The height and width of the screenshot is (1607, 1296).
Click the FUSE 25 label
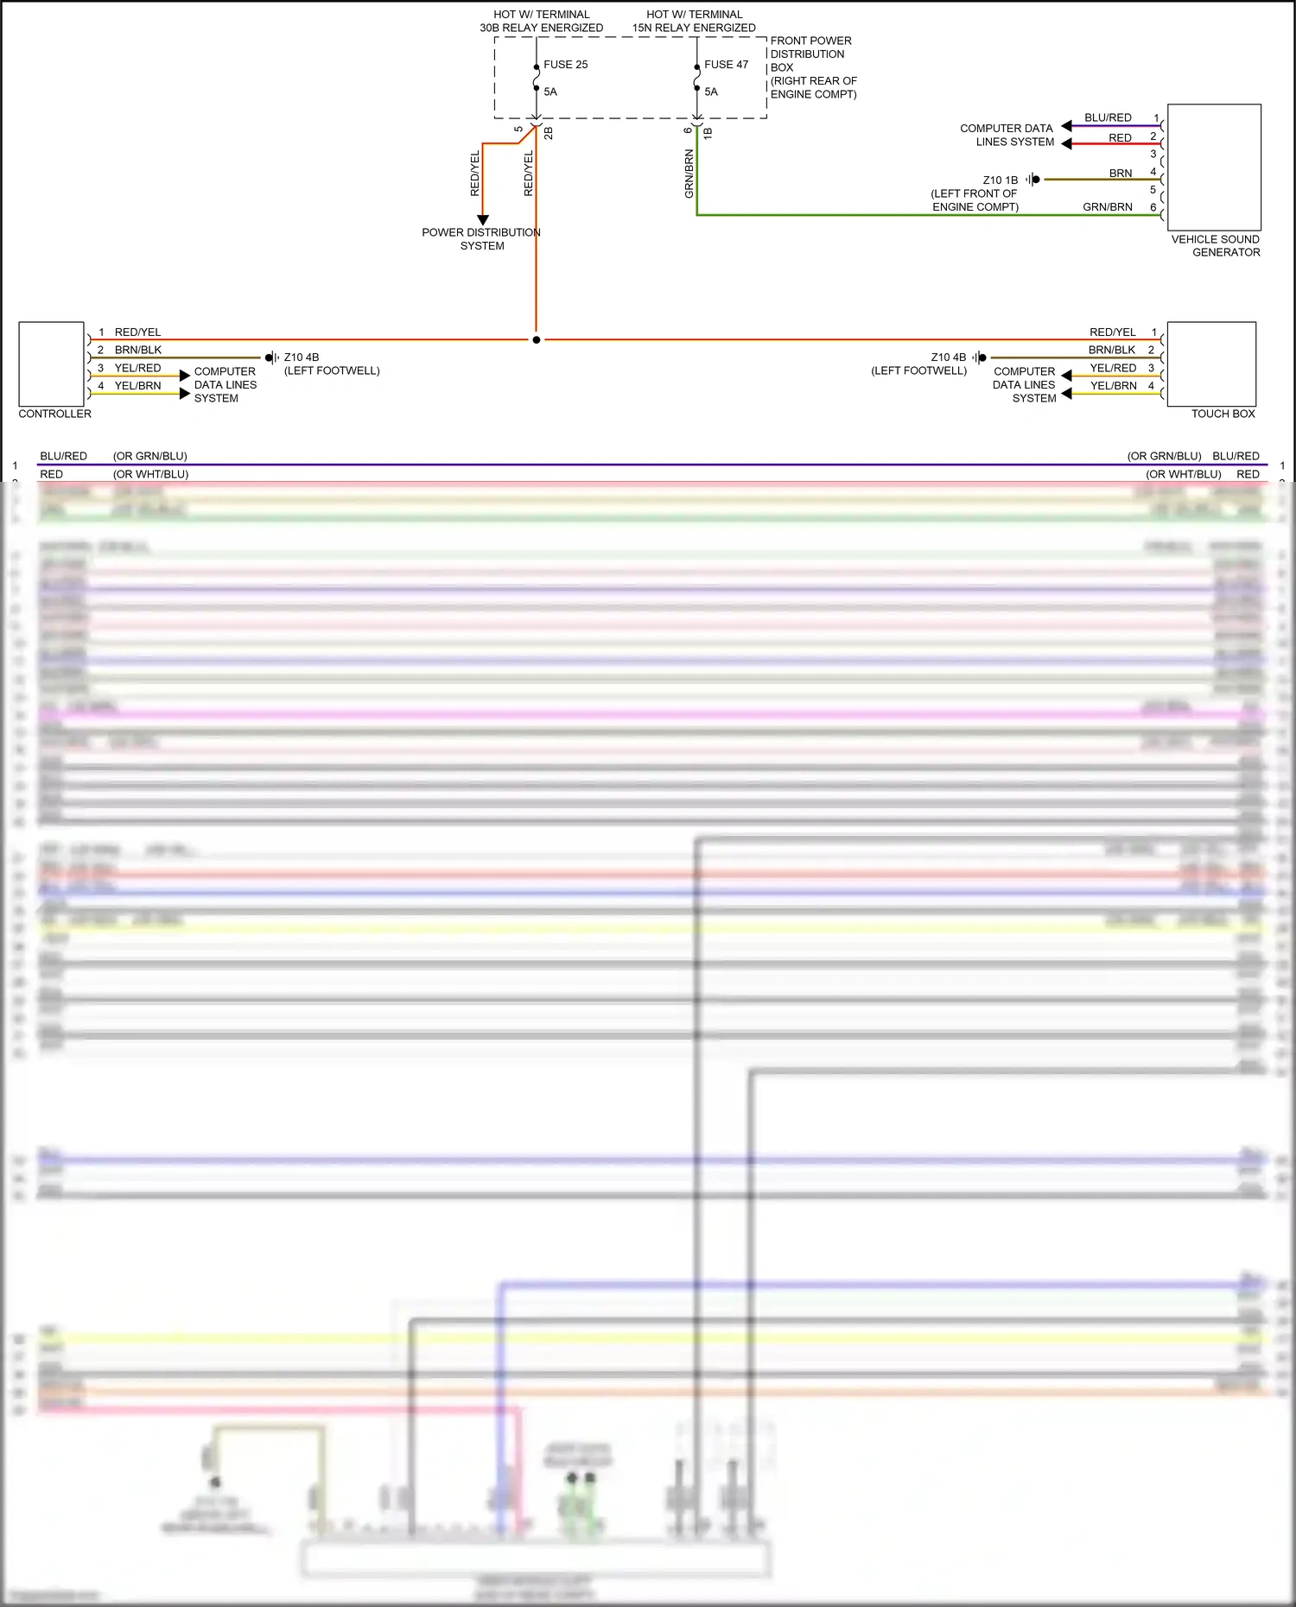tap(565, 65)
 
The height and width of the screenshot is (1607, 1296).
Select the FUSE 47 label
tap(726, 65)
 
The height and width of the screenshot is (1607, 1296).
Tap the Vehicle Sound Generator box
tap(1214, 168)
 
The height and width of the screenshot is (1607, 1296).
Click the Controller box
tap(51, 364)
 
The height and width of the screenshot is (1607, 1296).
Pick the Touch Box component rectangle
tap(1210, 364)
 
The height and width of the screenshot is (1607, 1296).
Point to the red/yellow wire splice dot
tap(537, 340)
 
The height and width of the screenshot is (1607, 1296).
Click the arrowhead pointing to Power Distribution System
tap(483, 220)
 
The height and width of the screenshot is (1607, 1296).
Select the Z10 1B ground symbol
tap(1033, 180)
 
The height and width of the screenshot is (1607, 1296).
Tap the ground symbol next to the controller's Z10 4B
tap(271, 357)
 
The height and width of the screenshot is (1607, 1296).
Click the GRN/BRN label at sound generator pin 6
tap(1107, 207)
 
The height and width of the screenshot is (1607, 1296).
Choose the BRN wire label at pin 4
tap(1121, 174)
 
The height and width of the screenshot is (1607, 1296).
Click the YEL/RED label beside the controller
tap(137, 368)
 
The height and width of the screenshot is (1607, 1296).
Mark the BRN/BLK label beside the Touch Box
tap(1112, 350)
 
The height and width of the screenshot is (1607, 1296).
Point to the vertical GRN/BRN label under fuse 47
tap(689, 174)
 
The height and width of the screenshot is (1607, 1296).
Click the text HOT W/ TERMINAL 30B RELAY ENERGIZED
tap(542, 22)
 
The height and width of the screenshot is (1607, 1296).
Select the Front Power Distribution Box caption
tap(812, 67)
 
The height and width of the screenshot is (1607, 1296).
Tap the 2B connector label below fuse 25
tap(549, 133)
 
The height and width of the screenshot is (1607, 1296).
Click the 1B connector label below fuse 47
tap(708, 133)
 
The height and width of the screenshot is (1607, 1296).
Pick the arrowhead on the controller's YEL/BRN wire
tap(184, 394)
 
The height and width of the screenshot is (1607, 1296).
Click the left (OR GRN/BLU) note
tap(149, 456)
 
